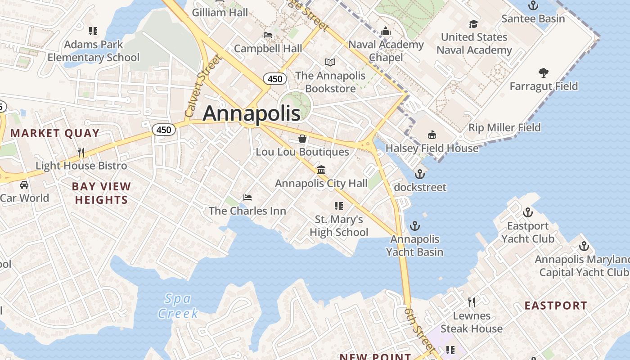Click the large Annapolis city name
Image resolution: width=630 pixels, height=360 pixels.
251,113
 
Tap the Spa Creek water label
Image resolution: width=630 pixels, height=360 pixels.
178,306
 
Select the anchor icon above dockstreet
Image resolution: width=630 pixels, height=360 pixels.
420,174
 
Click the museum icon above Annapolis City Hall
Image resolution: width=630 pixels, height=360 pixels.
321,170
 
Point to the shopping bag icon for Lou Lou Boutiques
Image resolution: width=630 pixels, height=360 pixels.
302,139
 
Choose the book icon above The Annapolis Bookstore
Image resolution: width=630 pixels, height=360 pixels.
330,62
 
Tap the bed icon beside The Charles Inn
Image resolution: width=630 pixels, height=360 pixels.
247,197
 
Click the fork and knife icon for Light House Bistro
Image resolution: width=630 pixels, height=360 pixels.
81,152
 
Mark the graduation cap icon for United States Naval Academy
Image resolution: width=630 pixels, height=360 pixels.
473,24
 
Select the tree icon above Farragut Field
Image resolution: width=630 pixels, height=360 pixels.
544,72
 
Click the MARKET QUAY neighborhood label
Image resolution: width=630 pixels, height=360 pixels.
55,133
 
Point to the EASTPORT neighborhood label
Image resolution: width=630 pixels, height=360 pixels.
556,306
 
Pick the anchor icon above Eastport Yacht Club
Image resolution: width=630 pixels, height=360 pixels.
527,212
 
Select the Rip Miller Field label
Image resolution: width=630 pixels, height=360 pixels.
504,127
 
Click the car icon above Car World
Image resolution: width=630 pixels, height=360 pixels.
24,184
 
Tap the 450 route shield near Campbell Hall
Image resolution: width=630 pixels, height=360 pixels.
274,79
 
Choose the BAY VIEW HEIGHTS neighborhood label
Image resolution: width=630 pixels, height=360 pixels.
101,193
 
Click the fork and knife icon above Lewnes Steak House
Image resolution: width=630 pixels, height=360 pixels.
471,302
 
